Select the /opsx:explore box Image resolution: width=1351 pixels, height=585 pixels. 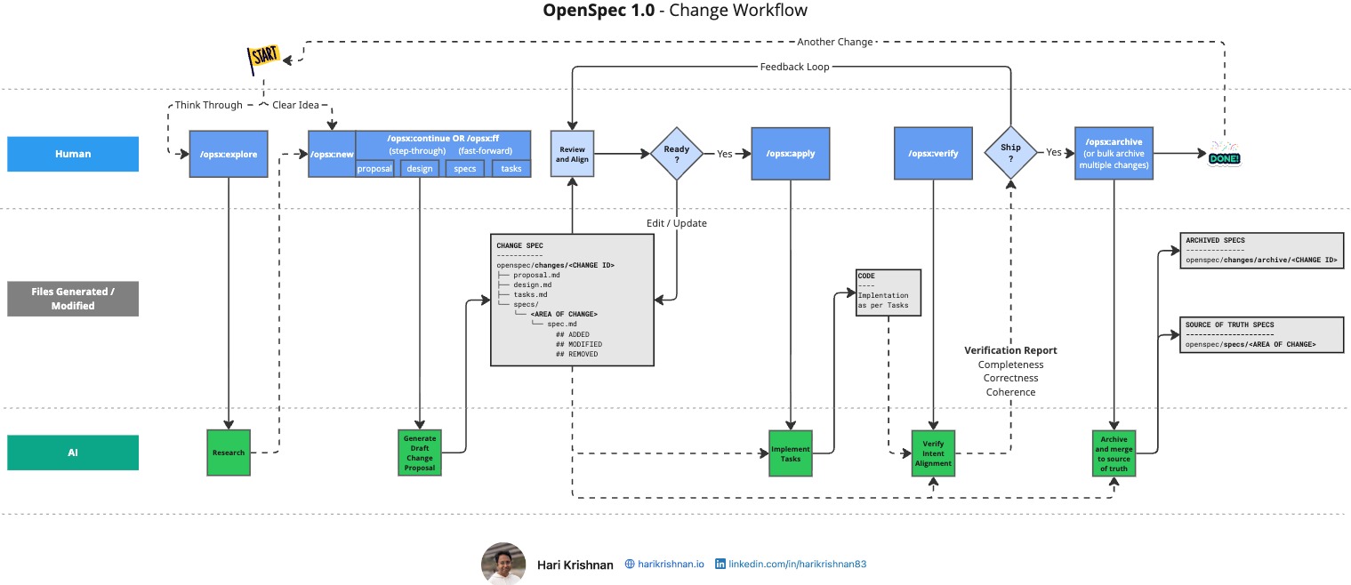click(x=229, y=154)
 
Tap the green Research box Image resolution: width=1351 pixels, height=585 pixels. click(x=229, y=453)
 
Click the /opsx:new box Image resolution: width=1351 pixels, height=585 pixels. click(x=331, y=154)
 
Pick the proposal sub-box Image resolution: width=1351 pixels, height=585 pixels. click(x=374, y=168)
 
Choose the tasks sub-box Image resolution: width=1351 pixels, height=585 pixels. click(x=511, y=168)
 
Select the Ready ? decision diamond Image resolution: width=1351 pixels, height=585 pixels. click(x=677, y=154)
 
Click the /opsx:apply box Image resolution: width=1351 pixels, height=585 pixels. click(x=791, y=153)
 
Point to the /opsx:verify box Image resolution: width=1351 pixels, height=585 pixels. click(x=933, y=153)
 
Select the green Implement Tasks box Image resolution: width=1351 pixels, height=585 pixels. click(x=791, y=453)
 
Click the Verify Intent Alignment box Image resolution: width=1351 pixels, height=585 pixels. click(x=933, y=453)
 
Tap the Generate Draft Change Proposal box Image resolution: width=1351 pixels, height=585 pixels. click(x=419, y=453)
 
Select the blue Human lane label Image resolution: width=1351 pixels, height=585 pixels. click(x=73, y=154)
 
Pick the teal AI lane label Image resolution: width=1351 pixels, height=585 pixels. click(x=73, y=453)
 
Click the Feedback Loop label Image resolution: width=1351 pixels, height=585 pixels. click(x=794, y=67)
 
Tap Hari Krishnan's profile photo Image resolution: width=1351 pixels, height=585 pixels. click(x=503, y=564)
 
